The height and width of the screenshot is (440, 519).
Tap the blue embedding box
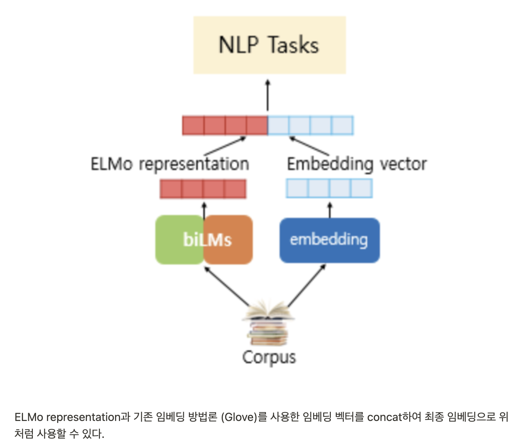pyautogui.click(x=329, y=240)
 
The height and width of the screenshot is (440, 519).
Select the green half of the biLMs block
pyautogui.click(x=173, y=240)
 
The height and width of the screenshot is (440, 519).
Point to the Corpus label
pyautogui.click(x=269, y=357)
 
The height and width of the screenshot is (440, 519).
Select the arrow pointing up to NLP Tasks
pyautogui.click(x=268, y=95)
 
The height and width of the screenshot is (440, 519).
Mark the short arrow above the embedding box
pyautogui.click(x=330, y=210)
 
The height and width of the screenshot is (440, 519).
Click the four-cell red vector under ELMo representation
pyautogui.click(x=203, y=189)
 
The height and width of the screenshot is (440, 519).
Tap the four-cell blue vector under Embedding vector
pyautogui.click(x=329, y=188)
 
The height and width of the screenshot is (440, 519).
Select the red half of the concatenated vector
pyautogui.click(x=225, y=126)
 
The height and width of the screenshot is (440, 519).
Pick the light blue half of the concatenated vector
pyautogui.click(x=310, y=126)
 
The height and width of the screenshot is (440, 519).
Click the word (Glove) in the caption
pyautogui.click(x=239, y=417)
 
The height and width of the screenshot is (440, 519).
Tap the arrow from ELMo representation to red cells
pyautogui.click(x=225, y=146)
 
